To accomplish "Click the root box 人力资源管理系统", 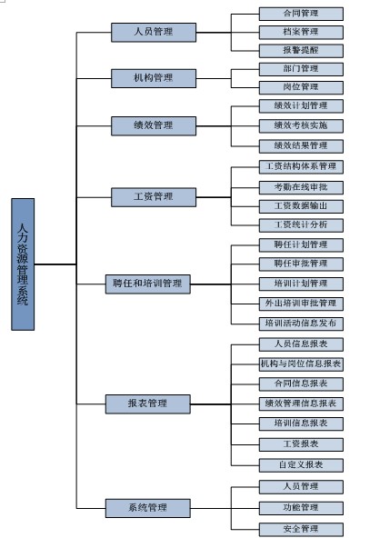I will pos(24,264).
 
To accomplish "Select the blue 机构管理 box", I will pos(153,78).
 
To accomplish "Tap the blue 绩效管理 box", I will pos(153,125).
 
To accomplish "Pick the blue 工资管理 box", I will pos(153,196).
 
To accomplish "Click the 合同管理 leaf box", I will pos(300,14).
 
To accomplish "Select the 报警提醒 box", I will pos(300,51).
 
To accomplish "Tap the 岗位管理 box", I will pos(300,87).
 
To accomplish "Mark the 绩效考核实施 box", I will pos(300,125).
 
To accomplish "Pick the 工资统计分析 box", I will pos(300,224).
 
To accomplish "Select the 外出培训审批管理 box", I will pos(300,303).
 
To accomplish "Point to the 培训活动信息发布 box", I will pos(300,323).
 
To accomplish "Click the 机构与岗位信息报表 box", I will pos(300,364).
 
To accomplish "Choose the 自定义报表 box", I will pos(300,463).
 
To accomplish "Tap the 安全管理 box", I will pos(300,528).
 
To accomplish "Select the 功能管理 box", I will pos(300,507).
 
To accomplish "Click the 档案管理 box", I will pos(300,32).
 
